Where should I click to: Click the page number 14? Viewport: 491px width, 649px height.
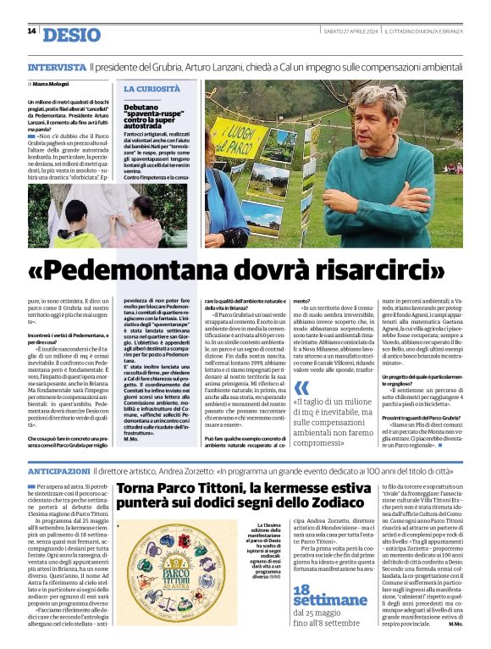(x=32, y=31)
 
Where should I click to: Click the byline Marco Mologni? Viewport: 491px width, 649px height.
(x=51, y=84)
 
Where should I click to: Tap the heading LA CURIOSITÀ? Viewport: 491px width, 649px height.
(x=152, y=88)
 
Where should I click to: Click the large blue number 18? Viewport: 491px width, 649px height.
(x=306, y=594)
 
